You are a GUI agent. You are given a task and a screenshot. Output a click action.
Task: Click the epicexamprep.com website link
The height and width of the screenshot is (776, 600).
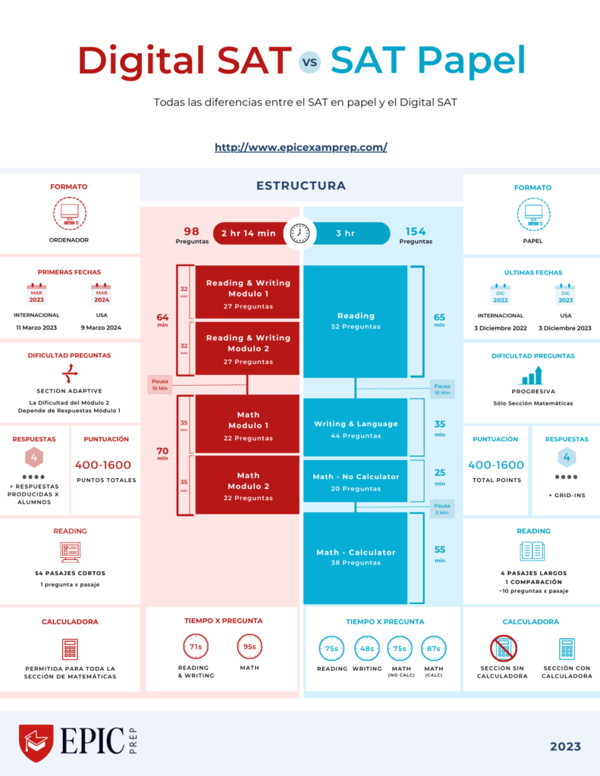[300, 147]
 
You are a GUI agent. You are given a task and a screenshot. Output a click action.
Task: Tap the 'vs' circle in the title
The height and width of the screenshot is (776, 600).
[309, 62]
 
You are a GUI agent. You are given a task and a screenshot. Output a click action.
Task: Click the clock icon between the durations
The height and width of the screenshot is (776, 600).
[300, 233]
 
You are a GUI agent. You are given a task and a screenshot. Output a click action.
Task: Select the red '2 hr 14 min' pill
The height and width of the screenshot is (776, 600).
[248, 233]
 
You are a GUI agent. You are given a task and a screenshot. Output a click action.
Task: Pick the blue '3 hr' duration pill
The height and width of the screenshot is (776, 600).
[346, 233]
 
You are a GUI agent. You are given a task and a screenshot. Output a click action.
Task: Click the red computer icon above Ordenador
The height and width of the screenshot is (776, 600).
[70, 214]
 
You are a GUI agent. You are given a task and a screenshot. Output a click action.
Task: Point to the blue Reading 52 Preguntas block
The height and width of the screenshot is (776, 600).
[356, 321]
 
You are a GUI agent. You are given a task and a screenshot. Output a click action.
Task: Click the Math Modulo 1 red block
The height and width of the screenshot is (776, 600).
[247, 426]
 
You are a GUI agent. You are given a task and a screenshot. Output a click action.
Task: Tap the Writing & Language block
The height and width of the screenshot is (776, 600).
[356, 429]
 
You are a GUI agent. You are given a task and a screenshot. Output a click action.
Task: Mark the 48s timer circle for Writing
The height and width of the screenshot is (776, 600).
[367, 649]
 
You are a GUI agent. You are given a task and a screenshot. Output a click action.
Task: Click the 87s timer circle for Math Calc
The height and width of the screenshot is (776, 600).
[434, 649]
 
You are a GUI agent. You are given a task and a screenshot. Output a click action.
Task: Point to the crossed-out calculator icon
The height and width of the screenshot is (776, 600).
[503, 649]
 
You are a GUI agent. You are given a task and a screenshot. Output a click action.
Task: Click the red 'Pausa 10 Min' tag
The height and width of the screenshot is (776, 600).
[159, 384]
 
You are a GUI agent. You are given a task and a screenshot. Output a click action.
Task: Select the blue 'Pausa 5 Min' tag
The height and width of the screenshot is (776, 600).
[442, 509]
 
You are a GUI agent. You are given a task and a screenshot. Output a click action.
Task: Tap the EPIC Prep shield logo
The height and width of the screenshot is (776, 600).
[36, 743]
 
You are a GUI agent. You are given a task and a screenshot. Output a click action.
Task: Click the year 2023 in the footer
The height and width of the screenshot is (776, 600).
[565, 746]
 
